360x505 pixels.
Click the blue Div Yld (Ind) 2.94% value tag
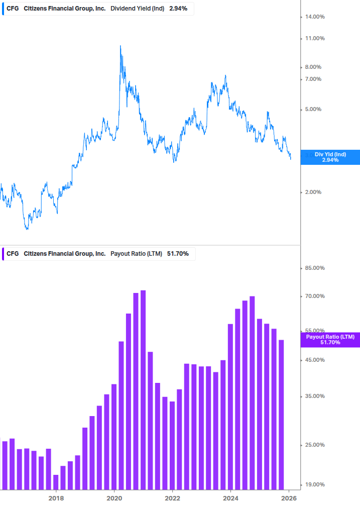point(330,157)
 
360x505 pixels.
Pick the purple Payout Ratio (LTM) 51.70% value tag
point(330,340)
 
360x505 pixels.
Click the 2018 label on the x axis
point(56,498)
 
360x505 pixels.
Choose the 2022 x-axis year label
point(172,498)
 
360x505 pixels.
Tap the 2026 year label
point(288,498)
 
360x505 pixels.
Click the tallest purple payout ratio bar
point(143,389)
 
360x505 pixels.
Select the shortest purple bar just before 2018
point(56,482)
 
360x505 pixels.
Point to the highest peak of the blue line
point(121,46)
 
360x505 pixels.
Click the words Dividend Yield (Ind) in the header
point(137,9)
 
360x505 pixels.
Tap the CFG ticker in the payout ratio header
point(13,254)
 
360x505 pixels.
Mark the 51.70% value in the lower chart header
point(178,254)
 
